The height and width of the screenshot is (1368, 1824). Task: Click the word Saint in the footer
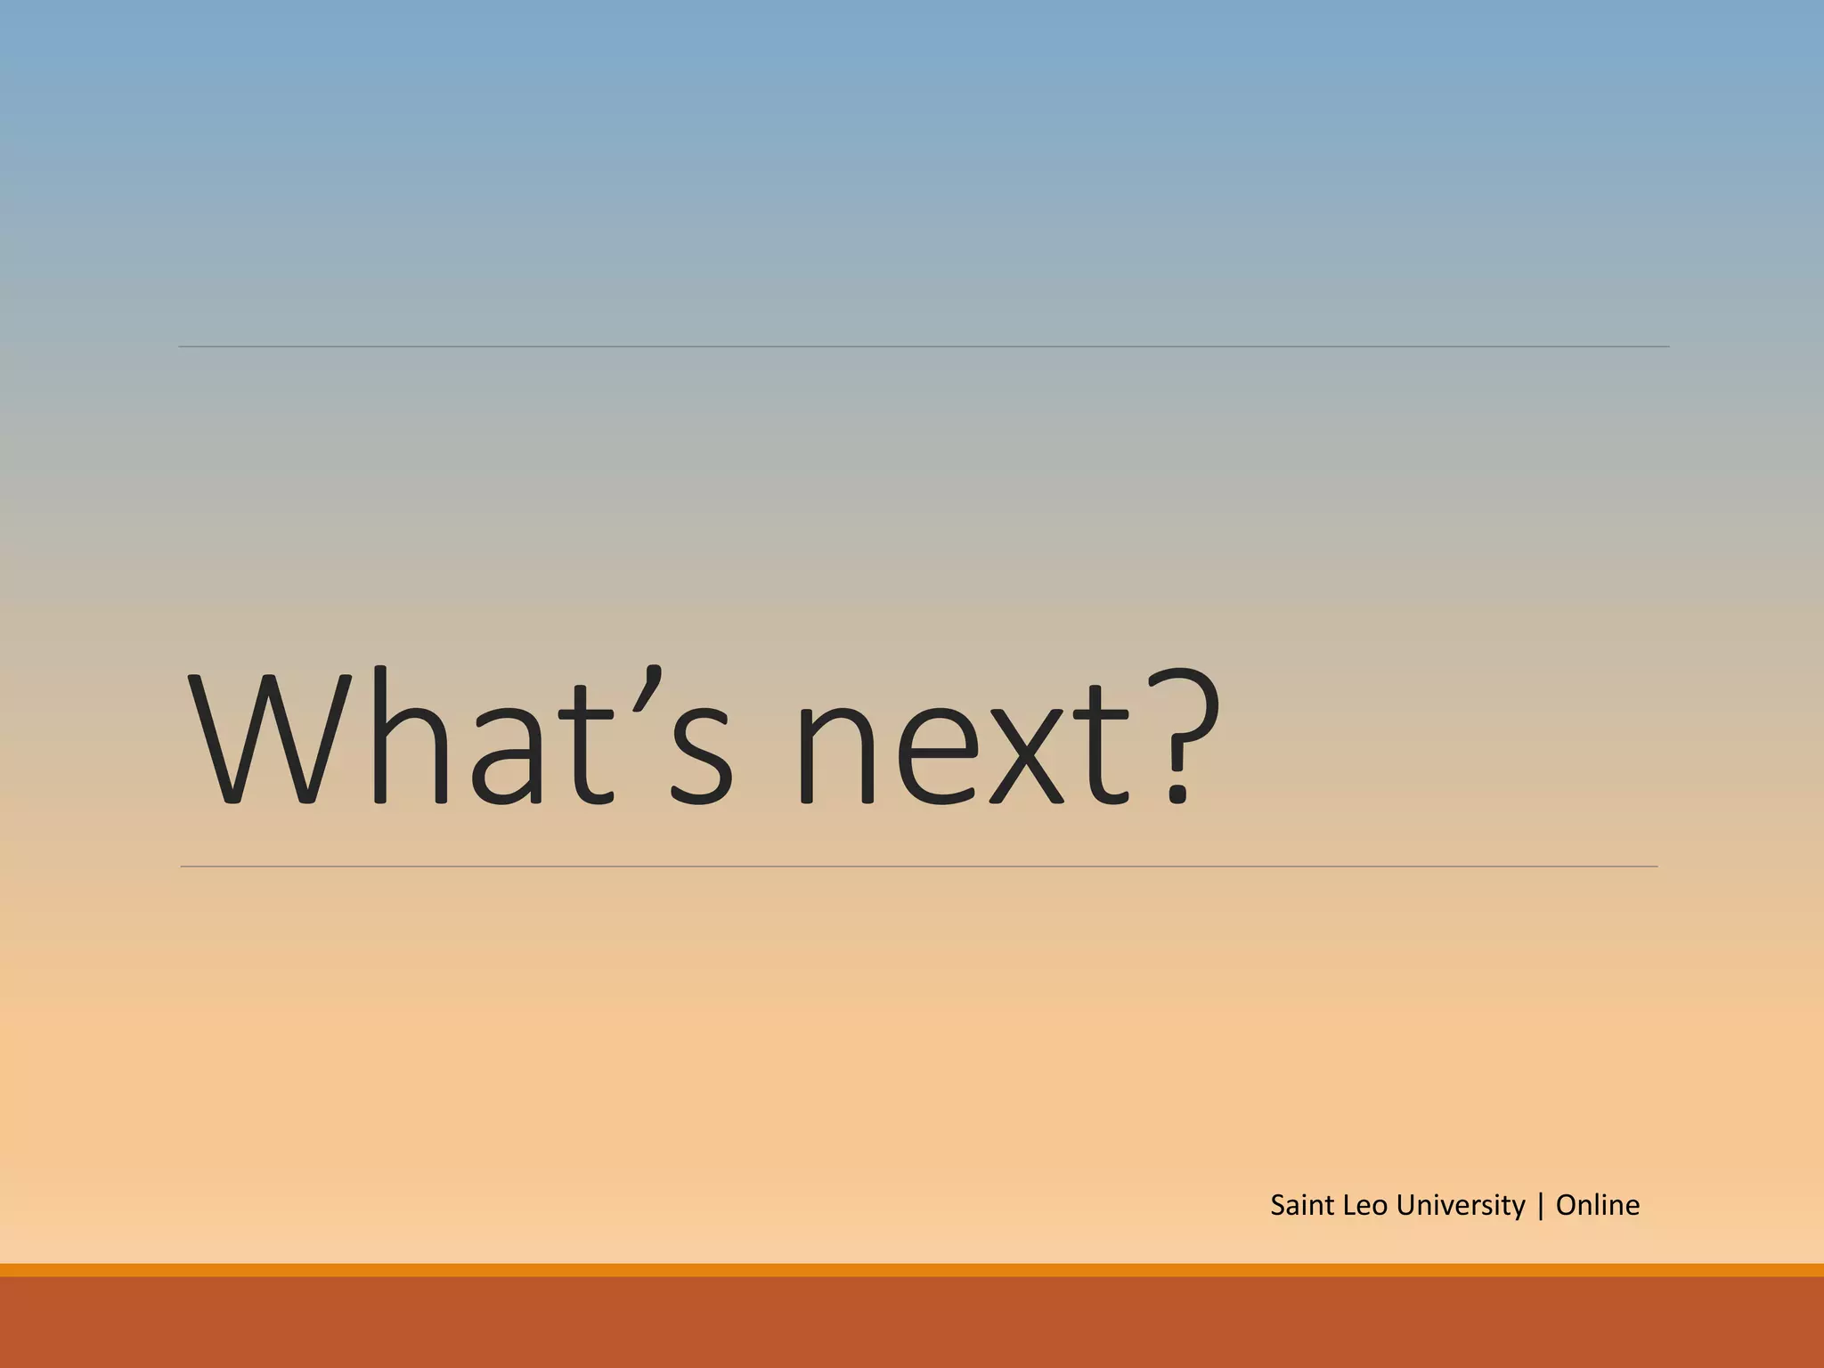coord(1302,1205)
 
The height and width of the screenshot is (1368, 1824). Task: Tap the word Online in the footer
coord(1597,1205)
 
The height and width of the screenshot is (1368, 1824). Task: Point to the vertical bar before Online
coord(1541,1206)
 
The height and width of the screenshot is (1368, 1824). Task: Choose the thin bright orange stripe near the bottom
coord(912,1270)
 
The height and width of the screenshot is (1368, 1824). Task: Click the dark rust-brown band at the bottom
coord(912,1323)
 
